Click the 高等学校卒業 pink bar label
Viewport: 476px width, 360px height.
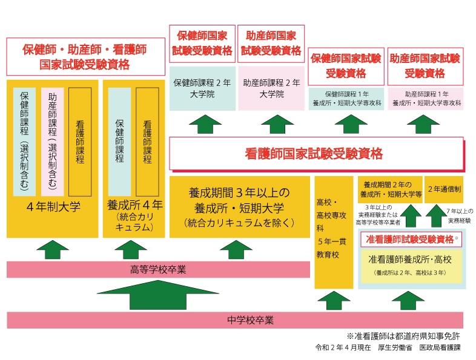[x=158, y=269]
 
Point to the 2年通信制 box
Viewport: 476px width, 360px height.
[x=444, y=189]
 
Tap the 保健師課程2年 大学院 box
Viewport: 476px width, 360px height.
[x=202, y=88]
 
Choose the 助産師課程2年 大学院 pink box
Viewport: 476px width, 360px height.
[x=271, y=88]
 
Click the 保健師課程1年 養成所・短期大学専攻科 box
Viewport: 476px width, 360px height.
[x=345, y=99]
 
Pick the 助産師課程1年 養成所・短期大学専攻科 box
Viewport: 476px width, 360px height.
[x=426, y=99]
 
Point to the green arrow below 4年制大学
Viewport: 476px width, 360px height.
[x=53, y=249]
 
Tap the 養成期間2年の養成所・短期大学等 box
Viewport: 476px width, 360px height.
[x=389, y=189]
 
